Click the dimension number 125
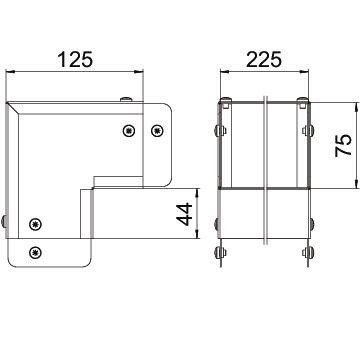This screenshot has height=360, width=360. click(75, 59)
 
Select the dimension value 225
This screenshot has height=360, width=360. click(264, 59)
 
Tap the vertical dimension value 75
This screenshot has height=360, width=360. click(344, 145)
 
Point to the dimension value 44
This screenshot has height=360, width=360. click(185, 214)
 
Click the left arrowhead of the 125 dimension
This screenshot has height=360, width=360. click(11, 71)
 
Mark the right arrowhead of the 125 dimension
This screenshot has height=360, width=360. click(138, 71)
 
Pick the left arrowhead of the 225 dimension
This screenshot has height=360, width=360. click(225, 71)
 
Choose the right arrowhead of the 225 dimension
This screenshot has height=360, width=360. click(304, 71)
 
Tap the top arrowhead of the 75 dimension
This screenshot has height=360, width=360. click(357, 108)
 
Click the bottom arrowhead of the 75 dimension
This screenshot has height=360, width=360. click(357, 183)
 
